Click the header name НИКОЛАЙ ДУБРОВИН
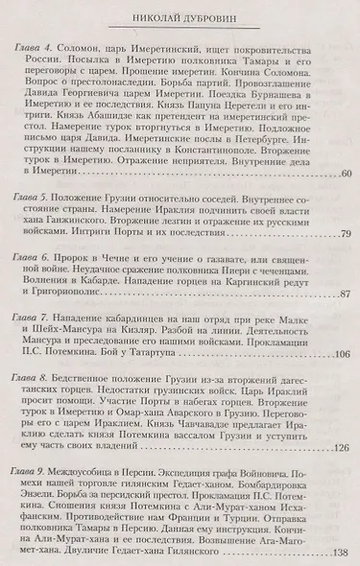click(180, 18)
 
